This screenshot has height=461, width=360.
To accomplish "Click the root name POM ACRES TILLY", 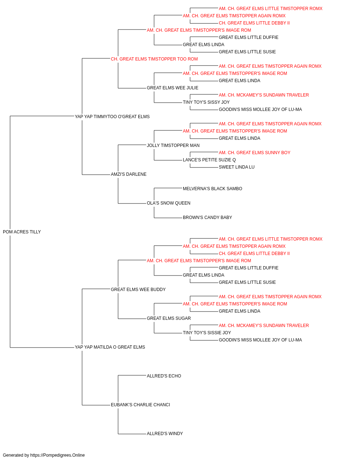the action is pyautogui.click(x=22, y=232).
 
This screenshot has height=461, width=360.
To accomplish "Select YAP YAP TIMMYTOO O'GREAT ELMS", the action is pyautogui.click(x=112, y=117).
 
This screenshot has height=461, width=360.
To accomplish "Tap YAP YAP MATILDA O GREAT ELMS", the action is pyautogui.click(x=110, y=347).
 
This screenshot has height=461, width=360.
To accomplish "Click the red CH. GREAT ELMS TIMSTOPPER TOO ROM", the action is pyautogui.click(x=154, y=59).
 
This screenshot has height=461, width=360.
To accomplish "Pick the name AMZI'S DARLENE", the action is pyautogui.click(x=129, y=174).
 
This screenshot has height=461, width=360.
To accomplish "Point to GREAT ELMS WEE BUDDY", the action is pyautogui.click(x=138, y=289).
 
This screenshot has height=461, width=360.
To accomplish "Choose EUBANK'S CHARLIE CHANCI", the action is pyautogui.click(x=140, y=405).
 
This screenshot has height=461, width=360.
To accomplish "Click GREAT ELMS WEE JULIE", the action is pyautogui.click(x=172, y=88).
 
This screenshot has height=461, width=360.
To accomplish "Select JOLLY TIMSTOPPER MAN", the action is pyautogui.click(x=173, y=145).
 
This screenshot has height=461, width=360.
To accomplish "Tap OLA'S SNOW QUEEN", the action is pyautogui.click(x=168, y=203).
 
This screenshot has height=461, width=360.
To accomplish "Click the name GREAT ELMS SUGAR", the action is pyautogui.click(x=169, y=318).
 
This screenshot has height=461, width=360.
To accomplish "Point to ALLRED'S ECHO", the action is pyautogui.click(x=164, y=376).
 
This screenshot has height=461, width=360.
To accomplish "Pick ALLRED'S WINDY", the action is pyautogui.click(x=165, y=434).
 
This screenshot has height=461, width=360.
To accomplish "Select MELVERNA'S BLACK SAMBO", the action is pyautogui.click(x=212, y=189).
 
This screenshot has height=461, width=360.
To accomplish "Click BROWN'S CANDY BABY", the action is pyautogui.click(x=207, y=218).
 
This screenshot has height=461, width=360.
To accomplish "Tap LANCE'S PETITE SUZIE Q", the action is pyautogui.click(x=209, y=160).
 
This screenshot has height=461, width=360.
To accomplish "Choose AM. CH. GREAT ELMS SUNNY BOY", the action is pyautogui.click(x=255, y=153).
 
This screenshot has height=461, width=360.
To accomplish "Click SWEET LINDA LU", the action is pyautogui.click(x=237, y=167).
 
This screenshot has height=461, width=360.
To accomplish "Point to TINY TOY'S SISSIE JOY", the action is pyautogui.click(x=207, y=333).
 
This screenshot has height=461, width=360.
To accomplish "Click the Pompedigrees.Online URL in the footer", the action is pyautogui.click(x=57, y=455).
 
